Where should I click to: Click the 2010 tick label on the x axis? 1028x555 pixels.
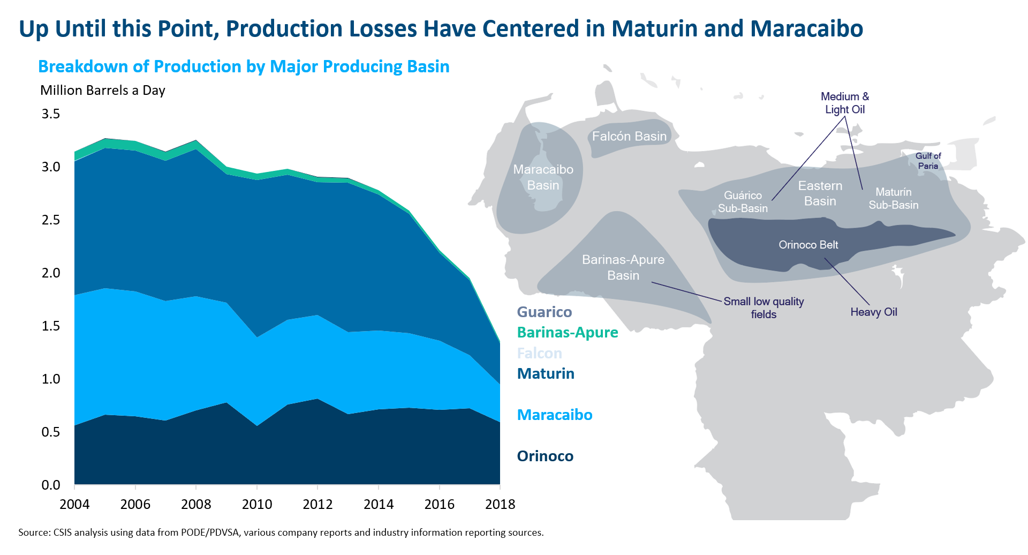(257, 504)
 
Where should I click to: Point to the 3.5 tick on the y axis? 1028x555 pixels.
(51, 114)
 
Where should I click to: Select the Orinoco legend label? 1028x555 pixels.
(545, 456)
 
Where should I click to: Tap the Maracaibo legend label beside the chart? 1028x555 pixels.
(555, 415)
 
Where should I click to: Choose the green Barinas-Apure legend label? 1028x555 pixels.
(568, 332)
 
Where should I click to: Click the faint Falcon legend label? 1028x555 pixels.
(540, 353)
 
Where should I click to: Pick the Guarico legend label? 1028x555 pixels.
(545, 312)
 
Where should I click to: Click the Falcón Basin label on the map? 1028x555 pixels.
(629, 136)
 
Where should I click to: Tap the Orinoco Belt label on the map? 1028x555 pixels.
(808, 245)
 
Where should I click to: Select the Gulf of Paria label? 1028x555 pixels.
(928, 161)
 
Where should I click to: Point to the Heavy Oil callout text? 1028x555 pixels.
(874, 312)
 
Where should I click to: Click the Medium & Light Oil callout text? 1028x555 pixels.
(845, 103)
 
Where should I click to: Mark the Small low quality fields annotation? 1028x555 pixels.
(764, 307)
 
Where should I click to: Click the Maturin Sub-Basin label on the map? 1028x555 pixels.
(893, 198)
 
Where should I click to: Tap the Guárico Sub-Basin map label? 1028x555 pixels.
(743, 201)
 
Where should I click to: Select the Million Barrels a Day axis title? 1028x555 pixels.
(103, 90)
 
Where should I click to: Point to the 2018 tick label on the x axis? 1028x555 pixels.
(500, 504)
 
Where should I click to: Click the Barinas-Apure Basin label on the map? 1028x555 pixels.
(623, 267)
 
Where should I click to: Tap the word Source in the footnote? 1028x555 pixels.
(33, 532)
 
